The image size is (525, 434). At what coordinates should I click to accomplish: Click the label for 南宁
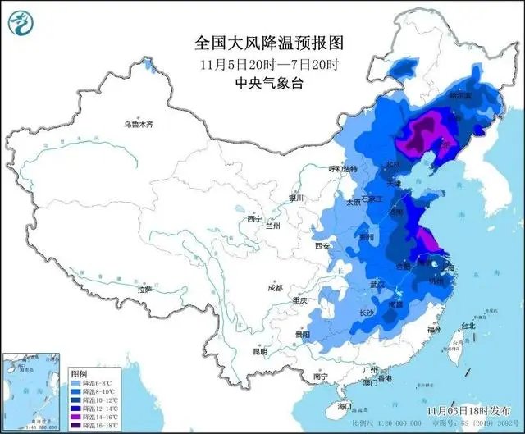309,376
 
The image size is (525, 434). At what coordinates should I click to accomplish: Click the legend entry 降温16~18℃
94,425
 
